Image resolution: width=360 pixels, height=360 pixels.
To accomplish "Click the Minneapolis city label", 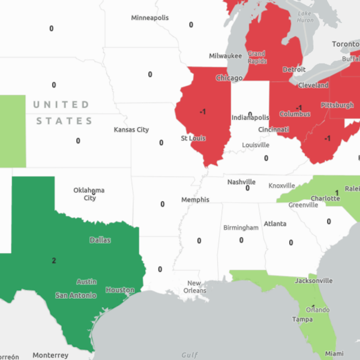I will pos(150,18).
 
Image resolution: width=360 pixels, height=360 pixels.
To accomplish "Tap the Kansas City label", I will pos(131,130).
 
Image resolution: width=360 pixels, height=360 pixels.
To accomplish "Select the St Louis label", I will pos(193,138).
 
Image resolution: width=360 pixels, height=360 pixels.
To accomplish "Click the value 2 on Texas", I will pos(54,260).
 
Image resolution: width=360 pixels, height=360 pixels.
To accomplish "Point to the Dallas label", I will pos(100,240).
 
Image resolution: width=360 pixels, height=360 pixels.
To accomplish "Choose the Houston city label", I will pos(120,290).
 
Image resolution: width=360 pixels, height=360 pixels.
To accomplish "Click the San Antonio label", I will pos(76,295).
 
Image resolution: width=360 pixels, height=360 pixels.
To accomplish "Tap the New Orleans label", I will pos(196,287).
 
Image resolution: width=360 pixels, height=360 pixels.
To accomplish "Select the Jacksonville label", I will pos(313,280).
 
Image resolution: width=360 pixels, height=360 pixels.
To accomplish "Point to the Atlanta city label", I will pos(275,224).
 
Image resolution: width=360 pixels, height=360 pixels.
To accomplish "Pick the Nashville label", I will pos(241,182).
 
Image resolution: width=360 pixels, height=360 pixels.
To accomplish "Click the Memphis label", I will pos(196,200).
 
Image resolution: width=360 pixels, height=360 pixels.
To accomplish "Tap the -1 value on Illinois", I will pos(203,112).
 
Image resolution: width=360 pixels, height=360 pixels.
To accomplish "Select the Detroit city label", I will pos(294,70).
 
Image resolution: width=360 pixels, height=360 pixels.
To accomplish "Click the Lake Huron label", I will pos(305,17).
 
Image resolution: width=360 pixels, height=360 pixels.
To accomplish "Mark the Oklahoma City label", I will pos(89,194).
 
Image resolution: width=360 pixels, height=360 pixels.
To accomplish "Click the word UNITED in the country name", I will pos(61,105).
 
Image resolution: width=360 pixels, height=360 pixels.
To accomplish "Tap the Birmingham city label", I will pos(241,227).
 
